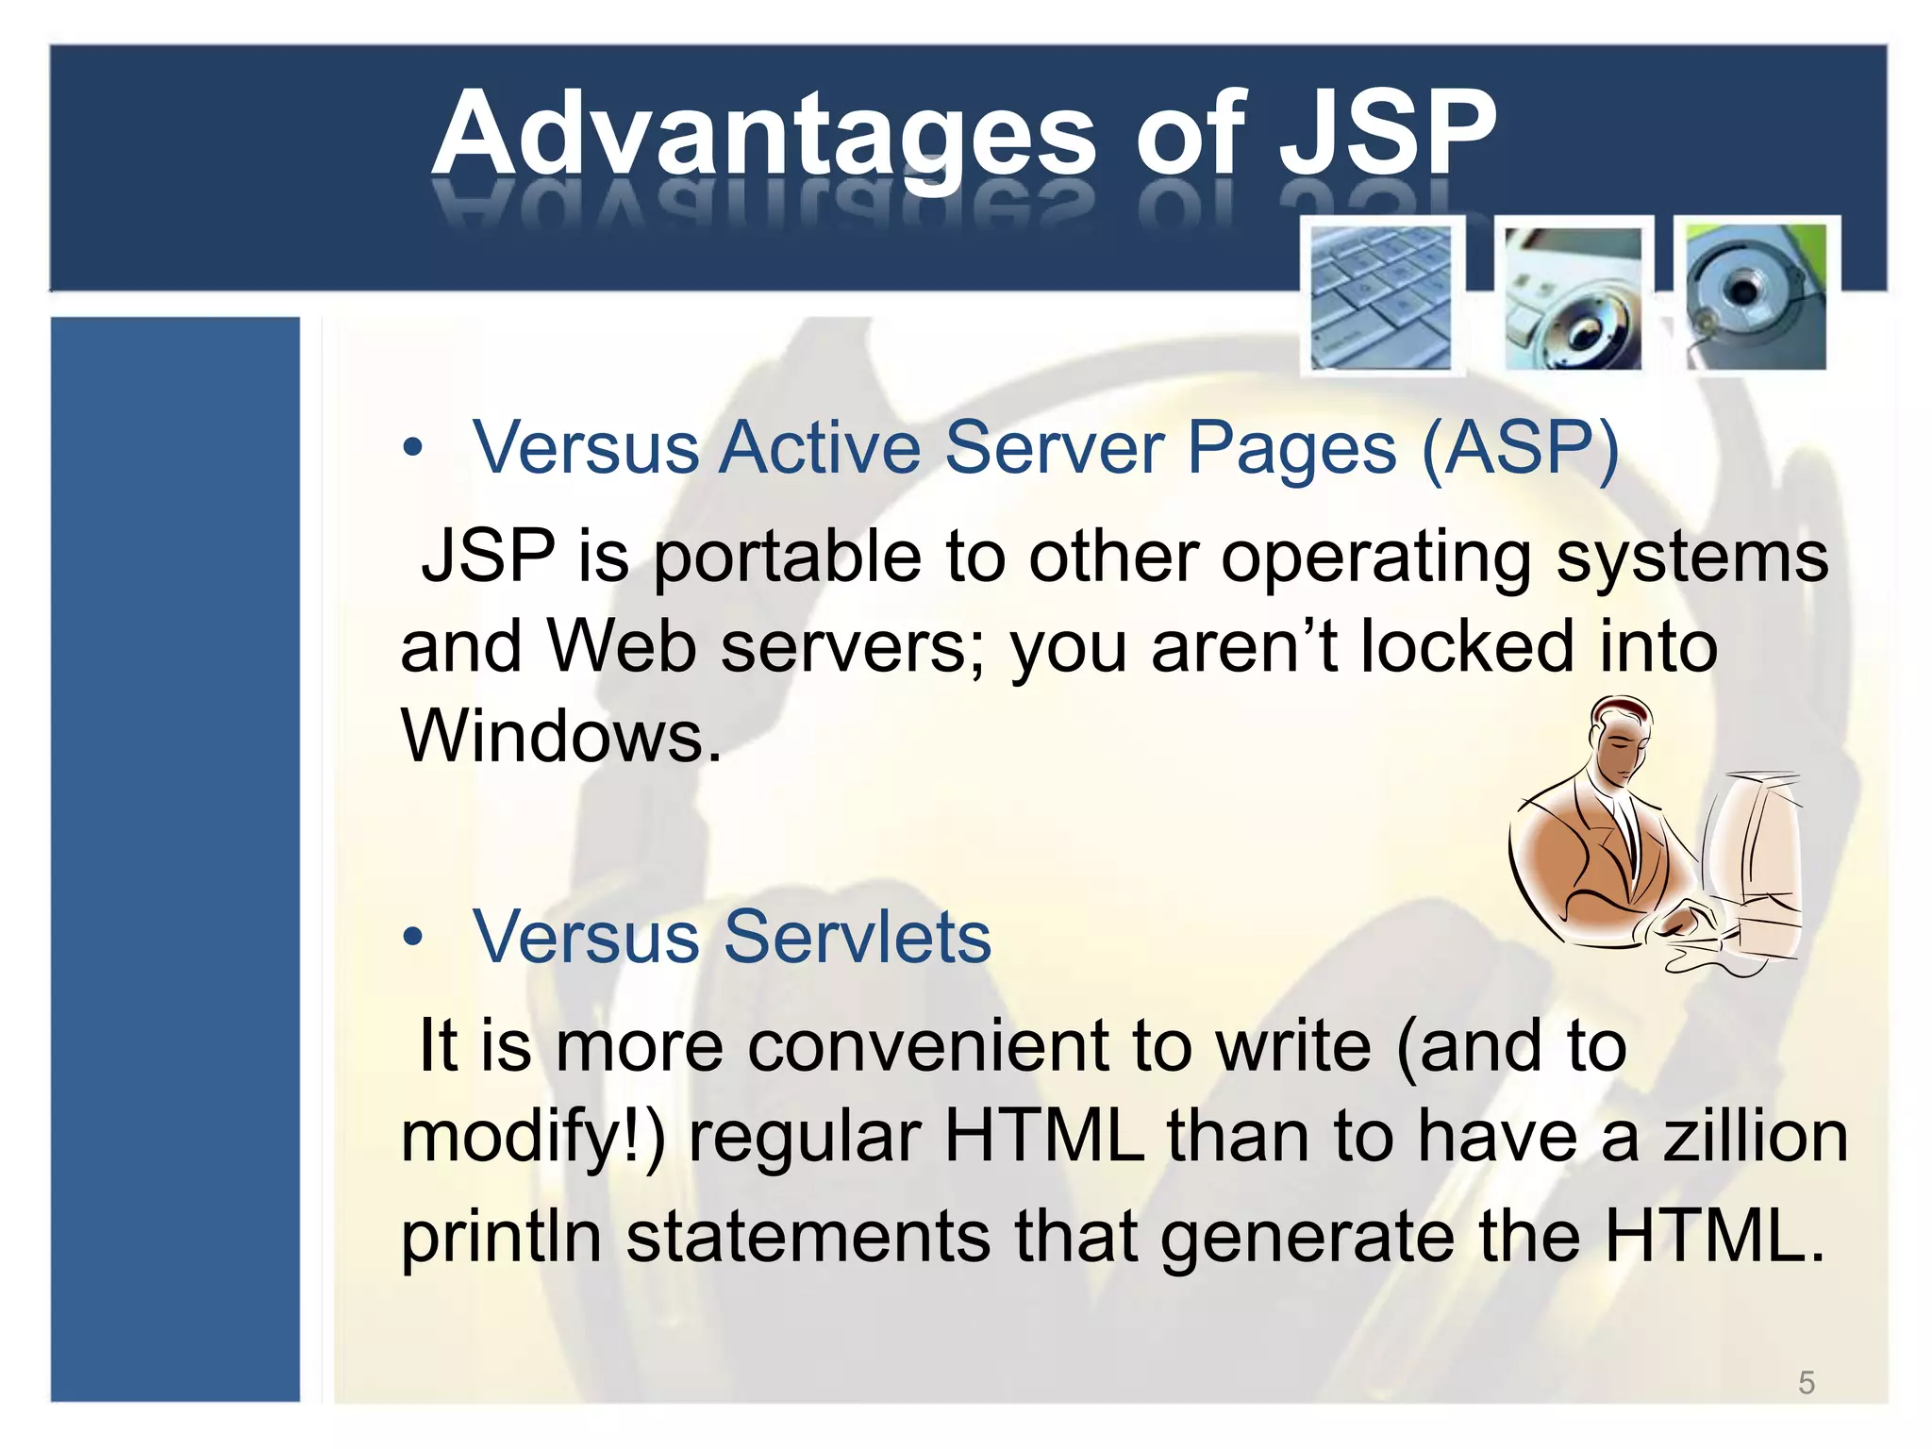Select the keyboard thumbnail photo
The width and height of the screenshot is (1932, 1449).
[1381, 297]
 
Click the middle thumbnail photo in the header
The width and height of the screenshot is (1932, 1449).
[1572, 297]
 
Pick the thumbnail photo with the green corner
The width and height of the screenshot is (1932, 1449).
[1756, 295]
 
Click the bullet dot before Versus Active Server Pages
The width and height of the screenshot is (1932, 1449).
[412, 448]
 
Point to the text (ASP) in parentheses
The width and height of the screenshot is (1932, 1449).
[1520, 448]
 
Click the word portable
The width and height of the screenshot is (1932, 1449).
[787, 557]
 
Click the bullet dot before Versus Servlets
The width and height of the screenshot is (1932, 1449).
[412, 938]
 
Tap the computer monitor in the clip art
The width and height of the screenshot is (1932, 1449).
[1755, 849]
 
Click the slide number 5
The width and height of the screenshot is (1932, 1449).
[1806, 1383]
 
